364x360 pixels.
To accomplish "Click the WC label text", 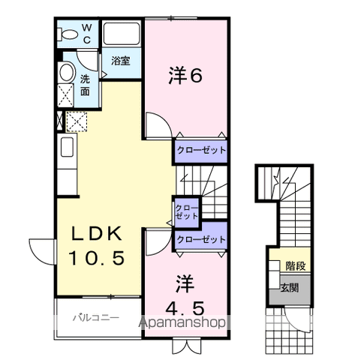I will pos(86,33).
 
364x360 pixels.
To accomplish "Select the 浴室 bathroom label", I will pos(121,61).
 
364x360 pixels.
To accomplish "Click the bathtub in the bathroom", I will pos(122,34).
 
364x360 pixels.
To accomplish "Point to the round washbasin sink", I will pos(66,73).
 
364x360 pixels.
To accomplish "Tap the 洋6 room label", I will pos(185,76).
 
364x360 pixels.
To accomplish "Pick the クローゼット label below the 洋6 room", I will pos(200,150).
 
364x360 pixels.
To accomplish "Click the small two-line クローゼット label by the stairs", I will pos(187,211).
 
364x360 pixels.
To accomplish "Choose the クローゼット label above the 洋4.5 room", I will pos(200,239).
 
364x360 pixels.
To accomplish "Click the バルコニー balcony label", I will pos(96,317).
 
